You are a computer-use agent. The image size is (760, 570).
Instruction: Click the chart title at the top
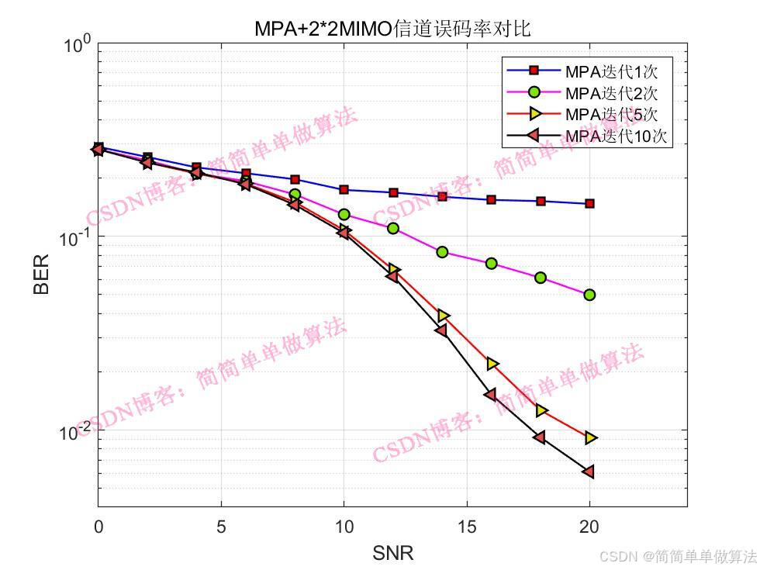(x=392, y=29)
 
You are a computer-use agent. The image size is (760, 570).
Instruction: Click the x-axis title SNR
(x=392, y=553)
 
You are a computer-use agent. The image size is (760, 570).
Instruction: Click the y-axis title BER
(x=41, y=275)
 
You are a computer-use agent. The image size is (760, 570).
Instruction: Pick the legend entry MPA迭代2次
(x=611, y=94)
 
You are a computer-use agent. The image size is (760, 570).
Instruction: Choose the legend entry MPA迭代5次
(x=611, y=116)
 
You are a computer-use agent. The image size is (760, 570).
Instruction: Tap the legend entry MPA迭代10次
(x=616, y=137)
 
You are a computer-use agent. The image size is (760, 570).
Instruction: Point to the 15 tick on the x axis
(x=467, y=527)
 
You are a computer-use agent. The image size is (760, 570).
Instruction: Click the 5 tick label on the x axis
(x=221, y=527)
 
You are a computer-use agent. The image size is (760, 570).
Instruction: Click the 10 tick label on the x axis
(x=344, y=527)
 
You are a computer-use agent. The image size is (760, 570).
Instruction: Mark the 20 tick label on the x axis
(x=589, y=527)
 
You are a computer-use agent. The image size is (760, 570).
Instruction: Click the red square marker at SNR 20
(x=589, y=204)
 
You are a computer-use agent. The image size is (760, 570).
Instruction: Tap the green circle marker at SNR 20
(x=589, y=295)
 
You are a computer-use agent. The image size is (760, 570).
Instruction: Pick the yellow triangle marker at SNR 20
(x=590, y=438)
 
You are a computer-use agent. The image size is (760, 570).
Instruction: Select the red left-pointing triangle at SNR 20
(x=589, y=472)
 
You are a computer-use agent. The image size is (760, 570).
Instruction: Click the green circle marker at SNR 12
(x=393, y=228)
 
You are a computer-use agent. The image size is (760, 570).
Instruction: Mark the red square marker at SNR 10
(x=344, y=190)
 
